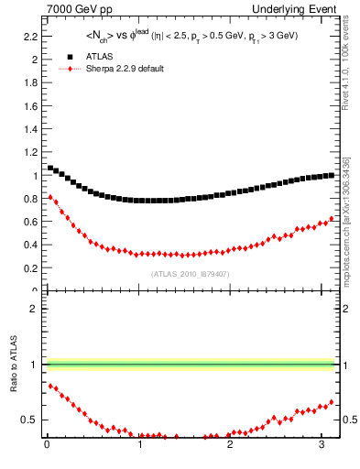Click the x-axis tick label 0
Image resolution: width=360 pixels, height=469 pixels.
(47, 446)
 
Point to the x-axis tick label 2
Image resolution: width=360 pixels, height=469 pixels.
(230, 446)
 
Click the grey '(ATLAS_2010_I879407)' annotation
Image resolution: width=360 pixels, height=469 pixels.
(190, 274)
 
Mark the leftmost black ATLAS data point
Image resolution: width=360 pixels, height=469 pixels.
(50, 168)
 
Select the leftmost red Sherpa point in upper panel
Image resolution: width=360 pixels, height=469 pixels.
(50, 197)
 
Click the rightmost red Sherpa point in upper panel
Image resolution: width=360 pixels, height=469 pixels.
(333, 218)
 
